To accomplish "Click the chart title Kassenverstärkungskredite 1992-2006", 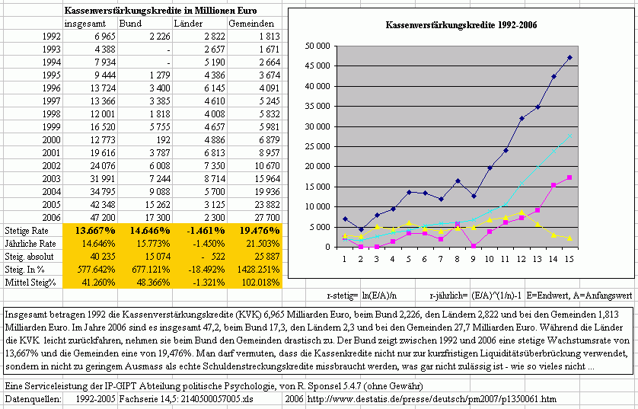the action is click(461, 25).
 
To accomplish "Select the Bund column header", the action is click(130, 24).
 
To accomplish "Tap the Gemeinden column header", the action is click(251, 24).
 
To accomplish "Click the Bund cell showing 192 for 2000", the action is click(163, 140).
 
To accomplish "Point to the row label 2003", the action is click(51, 179).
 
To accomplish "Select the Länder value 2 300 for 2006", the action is click(214, 218).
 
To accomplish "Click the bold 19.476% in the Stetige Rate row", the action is click(259, 231).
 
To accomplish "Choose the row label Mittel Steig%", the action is click(30, 283).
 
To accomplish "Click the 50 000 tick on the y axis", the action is click(317, 46).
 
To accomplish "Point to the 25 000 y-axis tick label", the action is click(317, 146).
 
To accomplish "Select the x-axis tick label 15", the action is click(569, 259).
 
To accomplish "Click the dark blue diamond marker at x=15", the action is click(569, 58).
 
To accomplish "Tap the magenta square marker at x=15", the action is click(569, 178).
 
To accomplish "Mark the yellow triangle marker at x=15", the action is click(569, 238).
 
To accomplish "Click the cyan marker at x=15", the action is click(569, 136).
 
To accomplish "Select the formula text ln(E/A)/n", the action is click(379, 296).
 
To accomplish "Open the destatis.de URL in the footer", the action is click(432, 399).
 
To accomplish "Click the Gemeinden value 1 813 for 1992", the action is click(269, 37).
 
